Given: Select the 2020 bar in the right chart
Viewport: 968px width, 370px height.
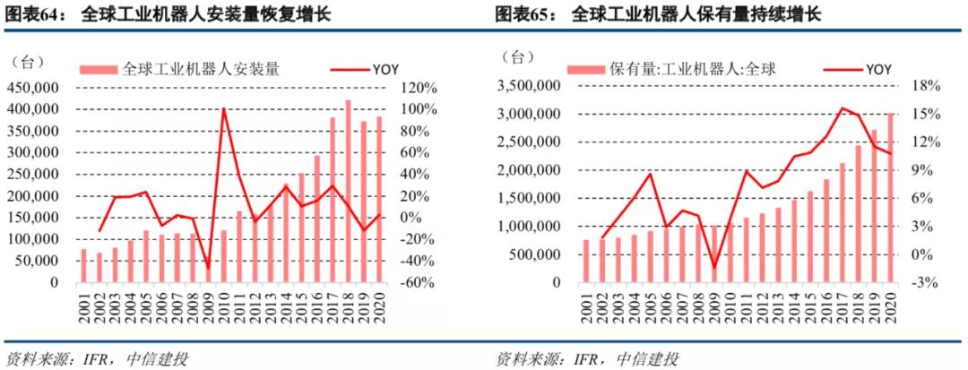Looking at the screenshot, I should (x=890, y=197).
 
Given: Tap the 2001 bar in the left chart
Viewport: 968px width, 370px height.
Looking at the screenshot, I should (x=84, y=265).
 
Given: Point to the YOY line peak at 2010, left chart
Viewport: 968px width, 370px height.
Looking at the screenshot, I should (x=223, y=109).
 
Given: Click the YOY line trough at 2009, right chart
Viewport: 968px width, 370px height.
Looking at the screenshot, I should (x=714, y=268).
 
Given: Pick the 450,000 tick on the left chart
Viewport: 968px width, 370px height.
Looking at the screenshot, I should (x=32, y=88).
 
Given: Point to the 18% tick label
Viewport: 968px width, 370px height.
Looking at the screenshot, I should (x=927, y=86).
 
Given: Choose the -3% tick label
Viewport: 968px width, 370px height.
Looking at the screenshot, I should (x=927, y=282).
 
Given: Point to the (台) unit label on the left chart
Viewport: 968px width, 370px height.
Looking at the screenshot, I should (x=28, y=62).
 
